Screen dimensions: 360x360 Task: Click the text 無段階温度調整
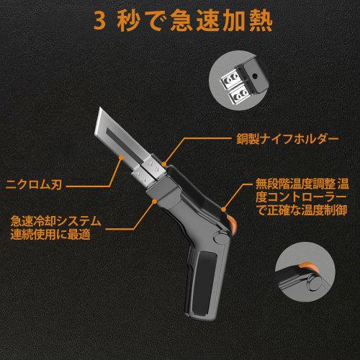click(x=287, y=184)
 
